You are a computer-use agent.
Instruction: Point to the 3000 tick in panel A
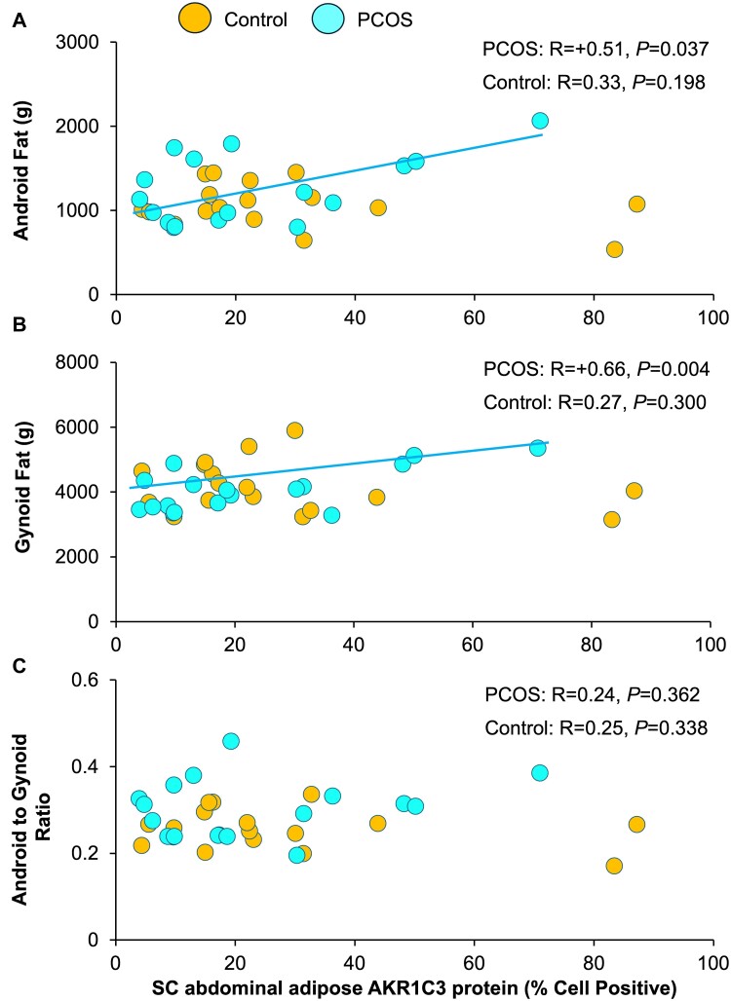coord(86,43)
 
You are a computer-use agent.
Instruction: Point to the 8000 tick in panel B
coord(86,362)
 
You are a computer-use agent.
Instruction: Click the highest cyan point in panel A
coord(540,121)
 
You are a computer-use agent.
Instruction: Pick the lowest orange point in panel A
coord(614,249)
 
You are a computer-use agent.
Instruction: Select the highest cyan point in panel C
coord(231,741)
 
